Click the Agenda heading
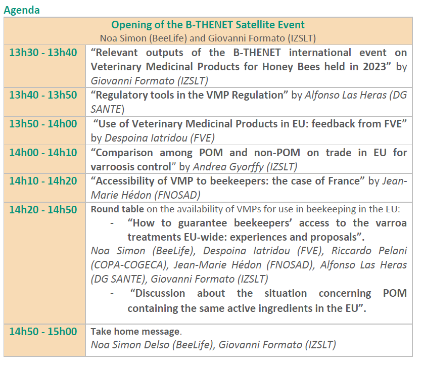(x=22, y=11)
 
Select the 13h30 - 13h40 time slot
(x=43, y=53)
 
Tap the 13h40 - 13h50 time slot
(x=43, y=95)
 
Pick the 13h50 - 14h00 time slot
(x=43, y=124)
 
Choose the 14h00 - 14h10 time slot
(x=43, y=153)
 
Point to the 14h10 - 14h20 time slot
(x=43, y=181)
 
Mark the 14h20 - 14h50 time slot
(x=43, y=210)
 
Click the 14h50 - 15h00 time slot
(x=43, y=332)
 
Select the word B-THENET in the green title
(x=209, y=25)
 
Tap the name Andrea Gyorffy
(x=228, y=167)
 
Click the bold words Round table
(x=117, y=209)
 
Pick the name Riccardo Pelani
(x=369, y=251)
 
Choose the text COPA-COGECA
(x=129, y=265)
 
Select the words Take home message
(x=135, y=332)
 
